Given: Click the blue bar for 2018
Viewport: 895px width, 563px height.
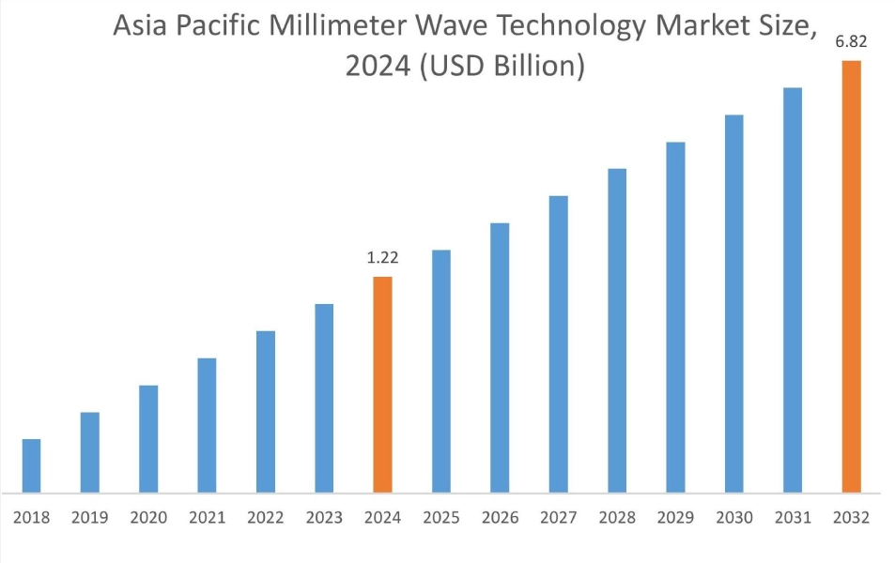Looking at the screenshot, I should click(31, 465).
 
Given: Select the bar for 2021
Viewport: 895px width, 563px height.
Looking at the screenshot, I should click(207, 425).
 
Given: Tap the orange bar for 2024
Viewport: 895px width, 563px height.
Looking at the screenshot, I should click(382, 384).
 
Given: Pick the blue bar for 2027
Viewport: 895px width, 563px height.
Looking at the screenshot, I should click(558, 343).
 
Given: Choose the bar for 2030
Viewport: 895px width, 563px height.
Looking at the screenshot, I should click(733, 303).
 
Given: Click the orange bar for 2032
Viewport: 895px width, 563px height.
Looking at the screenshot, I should click(851, 276).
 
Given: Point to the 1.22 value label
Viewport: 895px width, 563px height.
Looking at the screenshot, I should click(382, 257).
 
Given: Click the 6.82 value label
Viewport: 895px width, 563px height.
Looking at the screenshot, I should click(851, 41).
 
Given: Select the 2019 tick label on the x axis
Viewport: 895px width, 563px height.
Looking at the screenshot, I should click(89, 518).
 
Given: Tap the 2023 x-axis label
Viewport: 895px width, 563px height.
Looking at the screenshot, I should click(324, 518).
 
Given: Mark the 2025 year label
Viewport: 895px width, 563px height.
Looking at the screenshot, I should click(440, 518).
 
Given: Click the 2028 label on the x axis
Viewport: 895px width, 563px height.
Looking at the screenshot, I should click(616, 518).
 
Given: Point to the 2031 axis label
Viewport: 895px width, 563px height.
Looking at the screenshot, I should click(792, 518).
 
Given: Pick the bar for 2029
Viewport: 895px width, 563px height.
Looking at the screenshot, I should click(675, 317).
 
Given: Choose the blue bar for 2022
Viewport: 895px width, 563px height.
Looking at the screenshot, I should click(265, 411).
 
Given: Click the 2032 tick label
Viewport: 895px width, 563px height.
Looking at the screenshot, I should click(851, 518).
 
